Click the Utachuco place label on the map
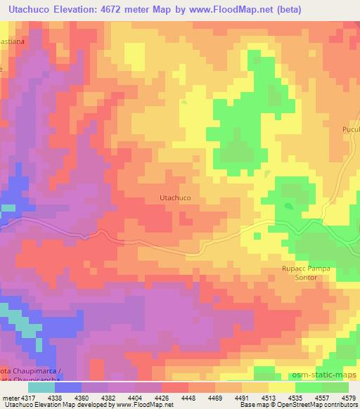click(x=172, y=198)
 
